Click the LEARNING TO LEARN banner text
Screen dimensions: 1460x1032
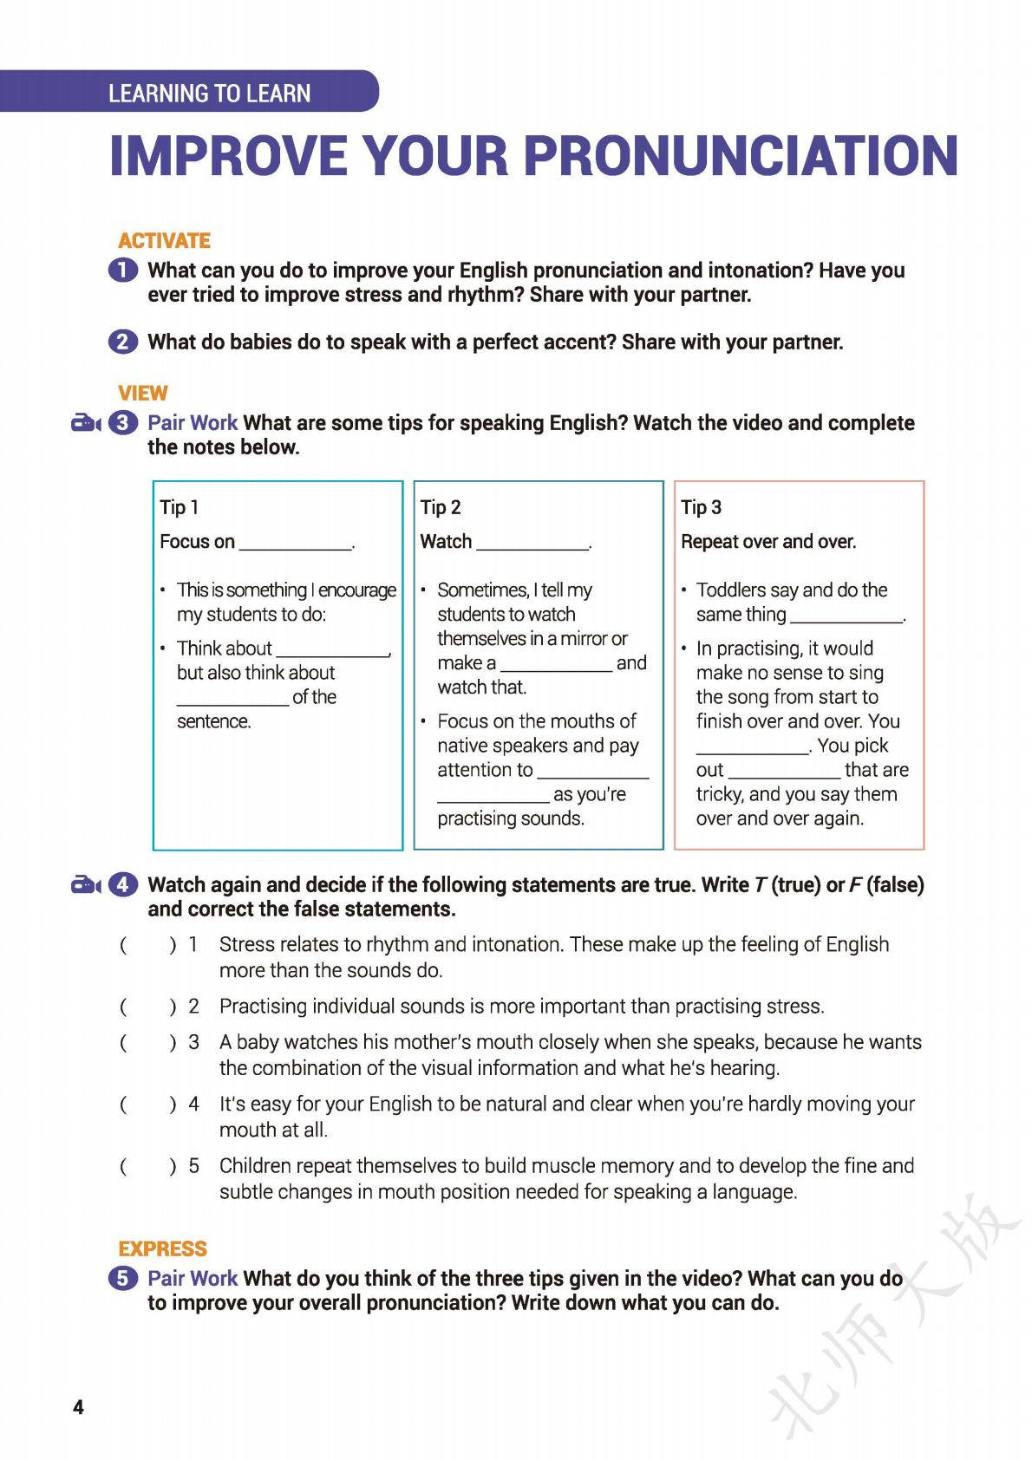coord(209,93)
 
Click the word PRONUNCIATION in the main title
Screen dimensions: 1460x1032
coord(741,156)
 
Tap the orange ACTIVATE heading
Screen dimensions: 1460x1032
coord(164,240)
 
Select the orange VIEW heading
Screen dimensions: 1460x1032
coord(142,393)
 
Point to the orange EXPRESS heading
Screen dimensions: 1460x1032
coord(162,1248)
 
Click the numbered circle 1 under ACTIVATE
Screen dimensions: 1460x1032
coord(123,270)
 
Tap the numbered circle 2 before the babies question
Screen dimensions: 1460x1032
coord(123,342)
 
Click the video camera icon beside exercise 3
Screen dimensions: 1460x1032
coord(86,423)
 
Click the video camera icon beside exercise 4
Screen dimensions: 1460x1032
coord(86,885)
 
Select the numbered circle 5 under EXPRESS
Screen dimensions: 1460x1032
coord(123,1278)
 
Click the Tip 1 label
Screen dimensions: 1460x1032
coord(179,507)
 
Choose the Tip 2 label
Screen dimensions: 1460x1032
coord(440,507)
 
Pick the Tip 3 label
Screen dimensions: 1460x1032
coord(701,507)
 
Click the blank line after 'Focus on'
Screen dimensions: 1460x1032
coord(296,544)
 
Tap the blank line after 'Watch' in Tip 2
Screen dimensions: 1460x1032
coord(532,544)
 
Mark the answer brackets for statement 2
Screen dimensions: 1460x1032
coord(147,1007)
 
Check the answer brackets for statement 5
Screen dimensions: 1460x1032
coord(147,1166)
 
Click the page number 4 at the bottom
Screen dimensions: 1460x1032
coord(79,1406)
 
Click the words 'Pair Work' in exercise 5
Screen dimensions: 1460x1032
coord(193,1278)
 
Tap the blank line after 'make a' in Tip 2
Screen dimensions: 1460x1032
coord(556,666)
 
